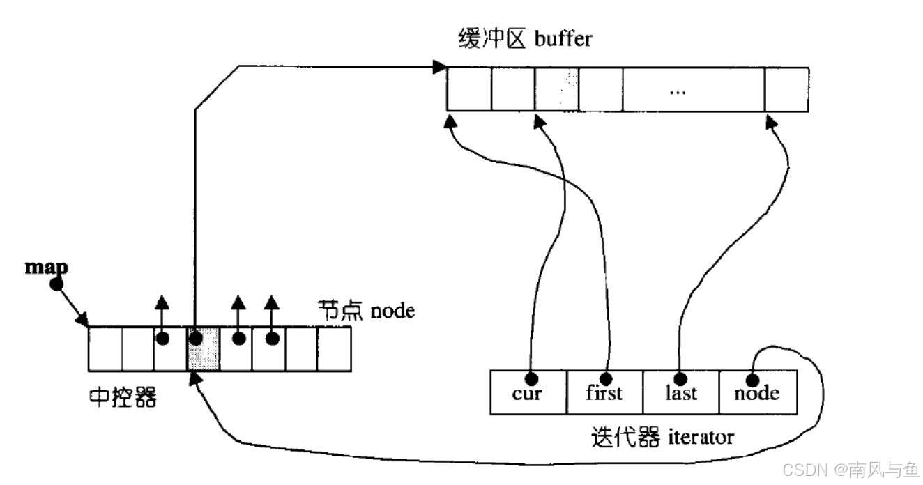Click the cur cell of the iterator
528,393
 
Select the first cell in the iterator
604,393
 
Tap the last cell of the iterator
680,393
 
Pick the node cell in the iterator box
757,393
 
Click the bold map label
47,267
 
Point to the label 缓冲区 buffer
525,38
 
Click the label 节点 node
367,310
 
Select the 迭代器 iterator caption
662,438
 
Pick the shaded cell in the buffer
557,89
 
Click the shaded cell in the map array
203,348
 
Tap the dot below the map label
56,284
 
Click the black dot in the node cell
752,380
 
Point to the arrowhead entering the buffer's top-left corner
439,67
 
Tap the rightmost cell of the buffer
786,89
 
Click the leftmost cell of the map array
105,348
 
